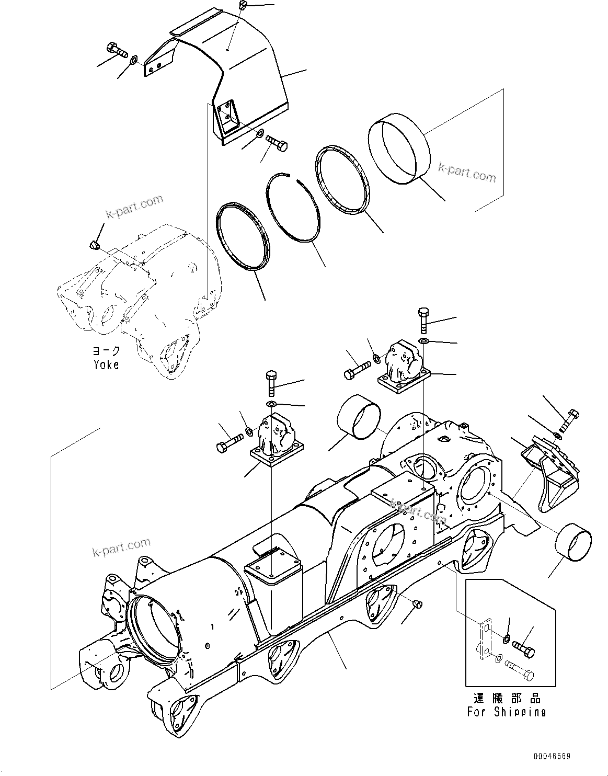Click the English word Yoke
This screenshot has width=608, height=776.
coord(106,364)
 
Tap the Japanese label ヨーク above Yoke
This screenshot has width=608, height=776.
coord(106,351)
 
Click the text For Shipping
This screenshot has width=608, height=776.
coord(506,712)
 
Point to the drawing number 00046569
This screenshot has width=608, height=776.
coord(552,757)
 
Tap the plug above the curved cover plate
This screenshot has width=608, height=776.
coord(242,5)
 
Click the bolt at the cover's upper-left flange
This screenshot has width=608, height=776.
coord(117,51)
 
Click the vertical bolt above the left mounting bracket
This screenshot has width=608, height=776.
coord(271,383)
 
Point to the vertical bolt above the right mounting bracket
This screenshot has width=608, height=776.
coord(423,319)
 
